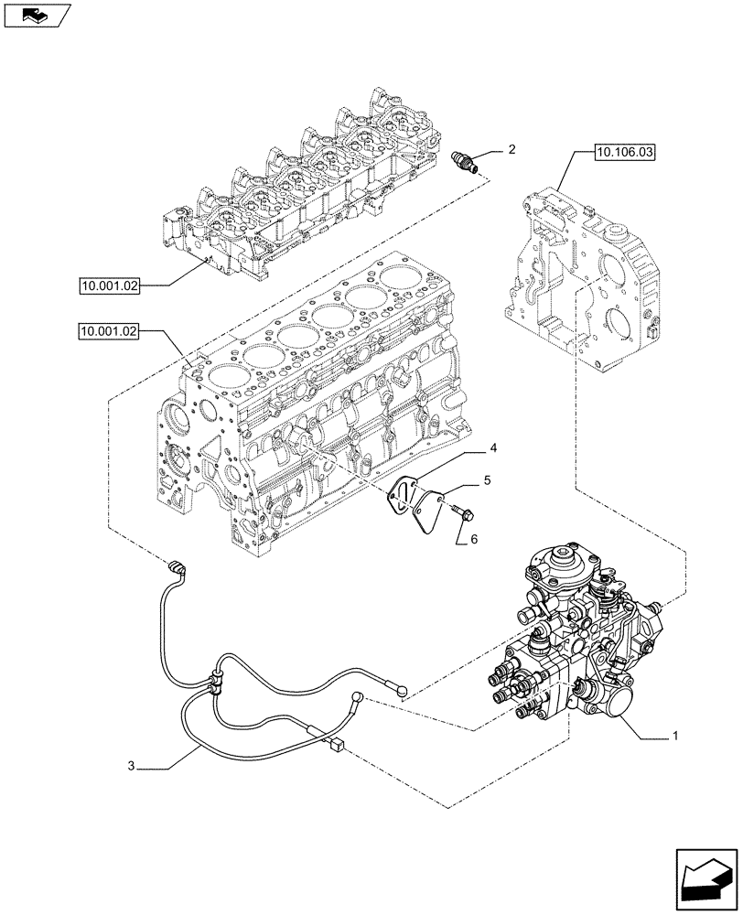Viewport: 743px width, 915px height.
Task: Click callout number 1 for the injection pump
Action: point(675,735)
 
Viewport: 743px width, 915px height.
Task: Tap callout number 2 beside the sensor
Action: point(511,148)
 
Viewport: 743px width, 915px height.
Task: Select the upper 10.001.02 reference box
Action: point(108,286)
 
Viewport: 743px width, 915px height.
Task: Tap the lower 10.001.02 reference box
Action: point(108,332)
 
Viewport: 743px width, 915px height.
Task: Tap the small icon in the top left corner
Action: point(34,14)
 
